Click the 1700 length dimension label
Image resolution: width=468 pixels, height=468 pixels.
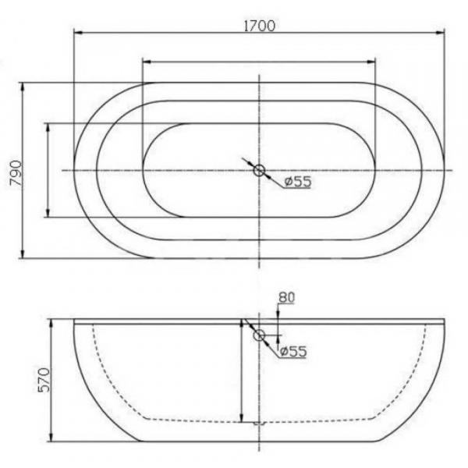pyautogui.click(x=260, y=26)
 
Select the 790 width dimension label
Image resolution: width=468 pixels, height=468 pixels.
pyautogui.click(x=16, y=173)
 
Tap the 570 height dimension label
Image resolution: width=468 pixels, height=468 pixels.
pyautogui.click(x=44, y=380)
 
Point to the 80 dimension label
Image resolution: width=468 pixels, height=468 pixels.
pyautogui.click(x=286, y=297)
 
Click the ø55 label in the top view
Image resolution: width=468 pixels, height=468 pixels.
pyautogui.click(x=297, y=182)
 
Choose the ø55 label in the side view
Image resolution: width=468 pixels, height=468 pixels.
pyautogui.click(x=293, y=351)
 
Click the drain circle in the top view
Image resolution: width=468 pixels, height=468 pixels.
pyautogui.click(x=259, y=170)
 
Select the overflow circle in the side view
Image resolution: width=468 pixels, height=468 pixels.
pyautogui.click(x=259, y=335)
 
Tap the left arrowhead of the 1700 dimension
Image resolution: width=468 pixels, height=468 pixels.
pyautogui.click(x=78, y=33)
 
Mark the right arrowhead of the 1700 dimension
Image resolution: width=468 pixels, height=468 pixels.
pyautogui.click(x=440, y=33)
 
